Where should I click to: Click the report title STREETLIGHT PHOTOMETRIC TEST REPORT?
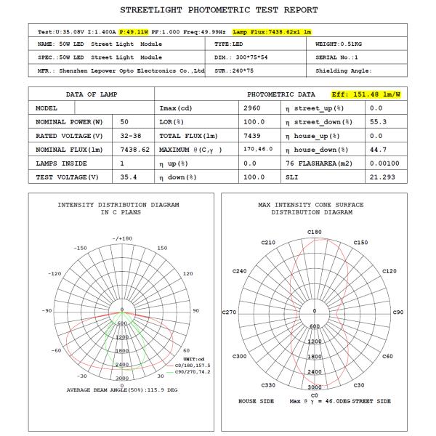click(x=218, y=10)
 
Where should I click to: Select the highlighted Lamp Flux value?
click(x=272, y=31)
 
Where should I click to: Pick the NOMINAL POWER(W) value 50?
click(x=125, y=121)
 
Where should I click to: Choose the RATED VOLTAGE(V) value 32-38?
click(x=131, y=135)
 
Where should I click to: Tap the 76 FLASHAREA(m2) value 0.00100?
click(x=381, y=163)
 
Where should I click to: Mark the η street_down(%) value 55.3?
click(x=376, y=121)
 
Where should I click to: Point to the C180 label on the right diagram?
click(x=315, y=232)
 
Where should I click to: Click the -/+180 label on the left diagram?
click(x=121, y=238)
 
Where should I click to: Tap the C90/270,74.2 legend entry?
click(x=187, y=371)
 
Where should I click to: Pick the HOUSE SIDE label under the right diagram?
click(x=257, y=401)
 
